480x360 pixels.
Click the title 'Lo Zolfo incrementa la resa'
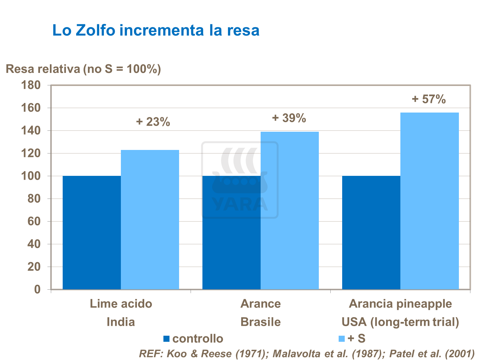pos(156,30)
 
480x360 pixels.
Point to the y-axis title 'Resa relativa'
pos(43,69)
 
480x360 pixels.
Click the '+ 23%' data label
pos(153,122)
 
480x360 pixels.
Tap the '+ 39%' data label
pos(289,118)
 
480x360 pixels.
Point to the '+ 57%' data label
pos(429,99)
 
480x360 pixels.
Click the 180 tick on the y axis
pos(31,85)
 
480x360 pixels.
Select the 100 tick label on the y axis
pos(31,176)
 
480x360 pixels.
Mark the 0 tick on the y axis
pos(37,289)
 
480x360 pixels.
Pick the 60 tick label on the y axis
pos(34,221)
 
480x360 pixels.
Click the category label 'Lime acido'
pos(121,303)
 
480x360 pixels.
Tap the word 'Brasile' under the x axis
pos(261,322)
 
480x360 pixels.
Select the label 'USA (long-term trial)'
pos(400,322)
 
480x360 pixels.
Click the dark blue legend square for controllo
pos(166,339)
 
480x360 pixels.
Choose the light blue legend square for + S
pos(342,339)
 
